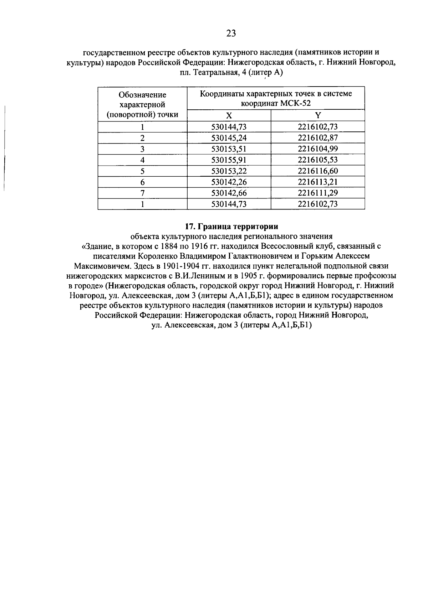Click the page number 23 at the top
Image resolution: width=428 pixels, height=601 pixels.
coord(231,33)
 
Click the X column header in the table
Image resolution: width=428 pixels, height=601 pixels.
coord(229,115)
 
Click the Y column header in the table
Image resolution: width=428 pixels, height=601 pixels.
coord(318,115)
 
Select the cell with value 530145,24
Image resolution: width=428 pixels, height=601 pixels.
coord(229,138)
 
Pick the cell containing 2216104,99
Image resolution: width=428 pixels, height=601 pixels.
coord(318,149)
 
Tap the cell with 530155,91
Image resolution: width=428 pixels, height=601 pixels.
coord(229,160)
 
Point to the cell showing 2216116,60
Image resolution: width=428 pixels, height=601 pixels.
coord(318,171)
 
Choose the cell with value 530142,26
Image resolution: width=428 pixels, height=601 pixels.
coord(229,182)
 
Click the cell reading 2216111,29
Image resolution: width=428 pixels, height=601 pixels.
coord(318,193)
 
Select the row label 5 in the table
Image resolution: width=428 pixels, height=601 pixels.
coord(142,171)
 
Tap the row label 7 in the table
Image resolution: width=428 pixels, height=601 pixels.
coord(142,193)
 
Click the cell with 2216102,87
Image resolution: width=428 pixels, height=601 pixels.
coord(318,138)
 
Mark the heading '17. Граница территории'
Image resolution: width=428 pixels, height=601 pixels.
coord(231,226)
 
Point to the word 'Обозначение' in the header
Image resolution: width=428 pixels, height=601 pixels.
coord(142,95)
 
